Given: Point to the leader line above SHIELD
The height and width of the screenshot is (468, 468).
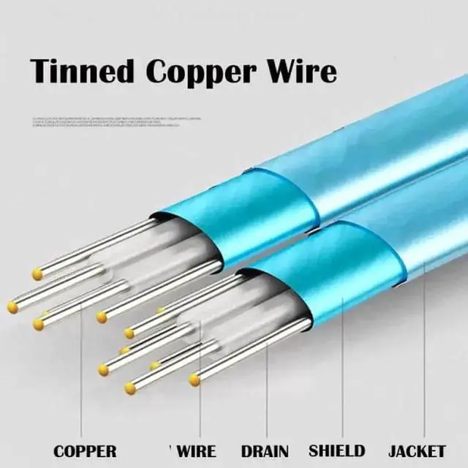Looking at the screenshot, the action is (x=342, y=366).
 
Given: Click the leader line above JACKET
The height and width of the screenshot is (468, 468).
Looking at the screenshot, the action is (x=425, y=351).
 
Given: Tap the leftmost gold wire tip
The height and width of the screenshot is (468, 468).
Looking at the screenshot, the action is (x=13, y=307).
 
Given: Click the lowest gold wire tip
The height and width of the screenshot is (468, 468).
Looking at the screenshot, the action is (x=129, y=388).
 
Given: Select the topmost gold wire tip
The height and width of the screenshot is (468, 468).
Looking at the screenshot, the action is (x=37, y=274).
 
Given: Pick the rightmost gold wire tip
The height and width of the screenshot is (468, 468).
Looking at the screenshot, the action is (x=195, y=380).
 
